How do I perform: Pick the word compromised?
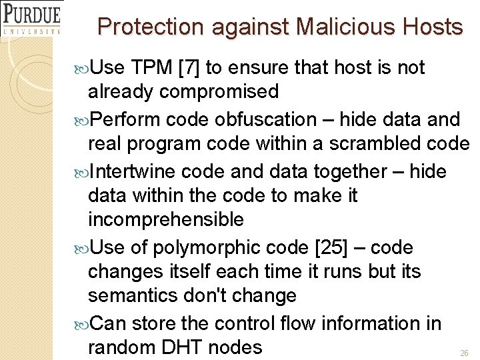[x=217, y=91]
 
